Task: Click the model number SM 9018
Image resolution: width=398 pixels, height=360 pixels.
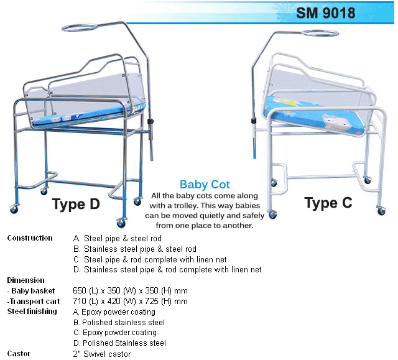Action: point(325,12)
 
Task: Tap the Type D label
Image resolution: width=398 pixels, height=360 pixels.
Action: point(76,205)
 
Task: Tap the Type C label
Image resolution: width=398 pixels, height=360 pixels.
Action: point(328,203)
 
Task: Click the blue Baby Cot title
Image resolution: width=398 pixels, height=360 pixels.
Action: point(205,184)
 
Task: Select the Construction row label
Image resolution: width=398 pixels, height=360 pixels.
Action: point(29,238)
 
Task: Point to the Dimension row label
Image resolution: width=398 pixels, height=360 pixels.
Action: point(25,280)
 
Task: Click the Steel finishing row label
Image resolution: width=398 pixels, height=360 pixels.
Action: point(32,312)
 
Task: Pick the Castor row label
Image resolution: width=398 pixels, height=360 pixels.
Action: point(19,354)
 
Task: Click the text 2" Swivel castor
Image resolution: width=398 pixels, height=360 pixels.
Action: point(102,354)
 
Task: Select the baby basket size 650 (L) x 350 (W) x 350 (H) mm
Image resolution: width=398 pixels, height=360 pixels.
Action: point(130,291)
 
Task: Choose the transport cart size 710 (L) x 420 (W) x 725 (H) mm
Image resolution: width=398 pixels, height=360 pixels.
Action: point(130,302)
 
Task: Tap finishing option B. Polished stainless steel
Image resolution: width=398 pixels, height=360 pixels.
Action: point(119,323)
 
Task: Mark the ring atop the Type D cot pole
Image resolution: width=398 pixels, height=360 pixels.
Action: point(80,28)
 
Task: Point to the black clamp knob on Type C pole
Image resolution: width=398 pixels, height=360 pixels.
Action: point(253,120)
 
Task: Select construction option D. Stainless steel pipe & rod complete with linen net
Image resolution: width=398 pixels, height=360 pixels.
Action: point(167,270)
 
